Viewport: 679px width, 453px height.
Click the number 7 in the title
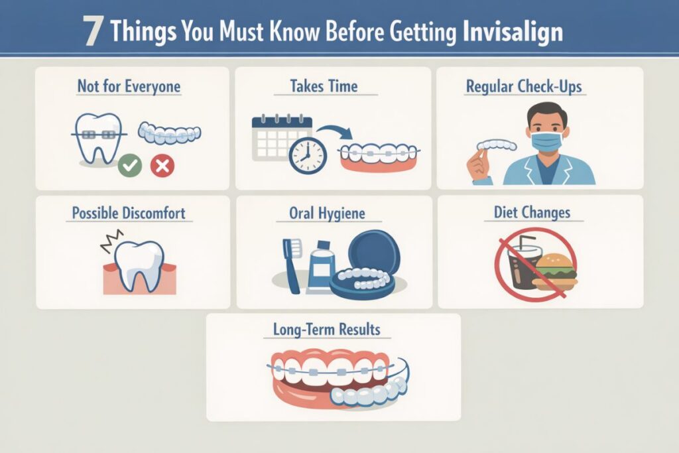coord(93,32)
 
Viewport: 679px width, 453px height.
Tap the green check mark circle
coord(130,164)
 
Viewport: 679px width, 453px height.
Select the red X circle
coord(161,164)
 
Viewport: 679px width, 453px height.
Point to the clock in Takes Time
coord(308,155)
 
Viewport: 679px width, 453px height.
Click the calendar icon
coord(282,136)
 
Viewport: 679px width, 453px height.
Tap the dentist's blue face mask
coord(546,141)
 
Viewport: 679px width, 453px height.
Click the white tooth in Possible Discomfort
coord(139,264)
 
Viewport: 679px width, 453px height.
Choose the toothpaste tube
coord(321,265)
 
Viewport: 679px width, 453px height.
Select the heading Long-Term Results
coord(327,330)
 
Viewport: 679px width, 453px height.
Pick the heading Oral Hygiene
coord(327,214)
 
